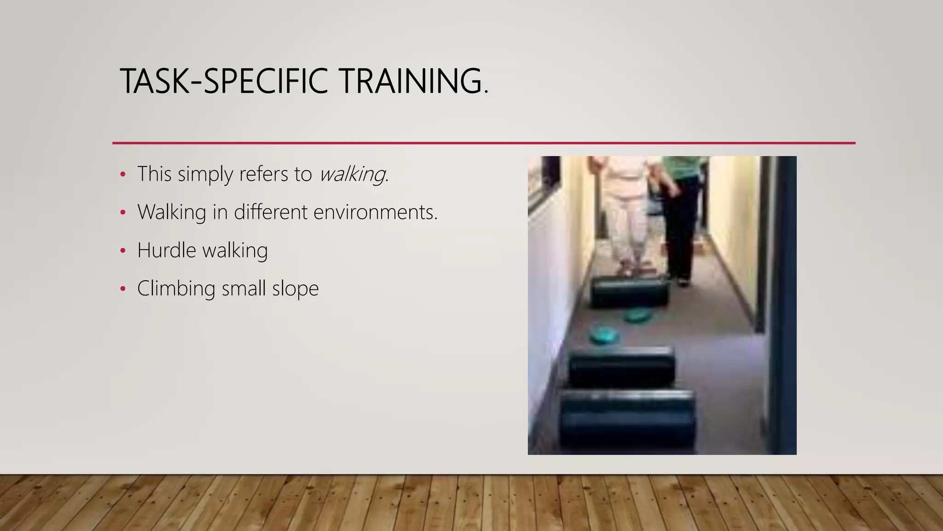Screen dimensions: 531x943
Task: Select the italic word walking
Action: [352, 174]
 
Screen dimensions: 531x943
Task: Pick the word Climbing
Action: [176, 289]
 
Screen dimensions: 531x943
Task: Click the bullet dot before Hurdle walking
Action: [122, 251]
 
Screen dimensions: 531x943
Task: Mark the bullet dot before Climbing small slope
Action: [122, 289]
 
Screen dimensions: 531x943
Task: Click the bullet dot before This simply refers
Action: [122, 174]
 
